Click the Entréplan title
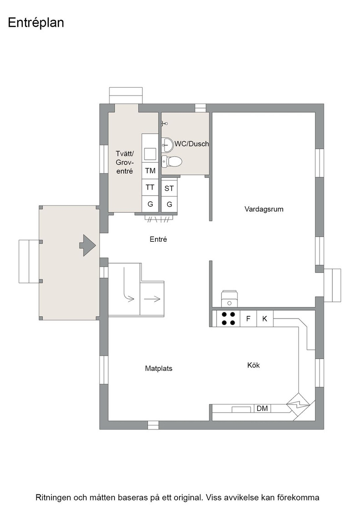pyautogui.click(x=36, y=23)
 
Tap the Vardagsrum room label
pyautogui.click(x=264, y=210)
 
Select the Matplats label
pyautogui.click(x=159, y=369)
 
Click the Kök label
pyautogui.click(x=254, y=365)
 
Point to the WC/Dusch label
pyautogui.click(x=192, y=144)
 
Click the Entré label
pyautogui.click(x=159, y=239)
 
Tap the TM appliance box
pyautogui.click(x=150, y=171)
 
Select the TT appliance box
pyautogui.click(x=150, y=187)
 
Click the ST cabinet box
pyautogui.click(x=169, y=188)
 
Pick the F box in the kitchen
pyautogui.click(x=248, y=319)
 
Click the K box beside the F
pyautogui.click(x=265, y=319)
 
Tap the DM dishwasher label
pyautogui.click(x=262, y=409)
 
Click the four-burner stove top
pyautogui.click(x=228, y=319)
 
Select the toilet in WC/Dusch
pyautogui.click(x=172, y=161)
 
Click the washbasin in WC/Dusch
pyautogui.click(x=168, y=145)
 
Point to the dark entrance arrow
pyautogui.click(x=87, y=245)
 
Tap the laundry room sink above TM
pyautogui.click(x=150, y=154)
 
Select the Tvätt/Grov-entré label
pyautogui.click(x=125, y=162)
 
